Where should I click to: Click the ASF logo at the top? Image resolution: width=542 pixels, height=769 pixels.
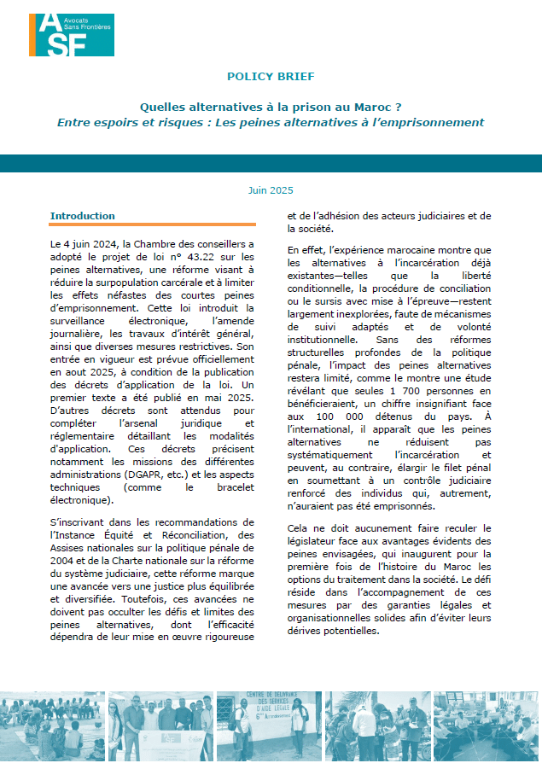[x=71, y=34]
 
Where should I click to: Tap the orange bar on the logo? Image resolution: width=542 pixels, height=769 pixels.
[x=32, y=34]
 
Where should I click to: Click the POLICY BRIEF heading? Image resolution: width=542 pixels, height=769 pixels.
[x=271, y=77]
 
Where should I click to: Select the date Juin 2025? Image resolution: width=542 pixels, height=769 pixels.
[x=271, y=190]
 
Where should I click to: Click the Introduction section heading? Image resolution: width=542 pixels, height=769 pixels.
[x=82, y=216]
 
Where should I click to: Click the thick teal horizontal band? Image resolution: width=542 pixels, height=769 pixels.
[x=271, y=164]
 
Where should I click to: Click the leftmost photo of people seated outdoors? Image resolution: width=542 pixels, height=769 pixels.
[x=50, y=726]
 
